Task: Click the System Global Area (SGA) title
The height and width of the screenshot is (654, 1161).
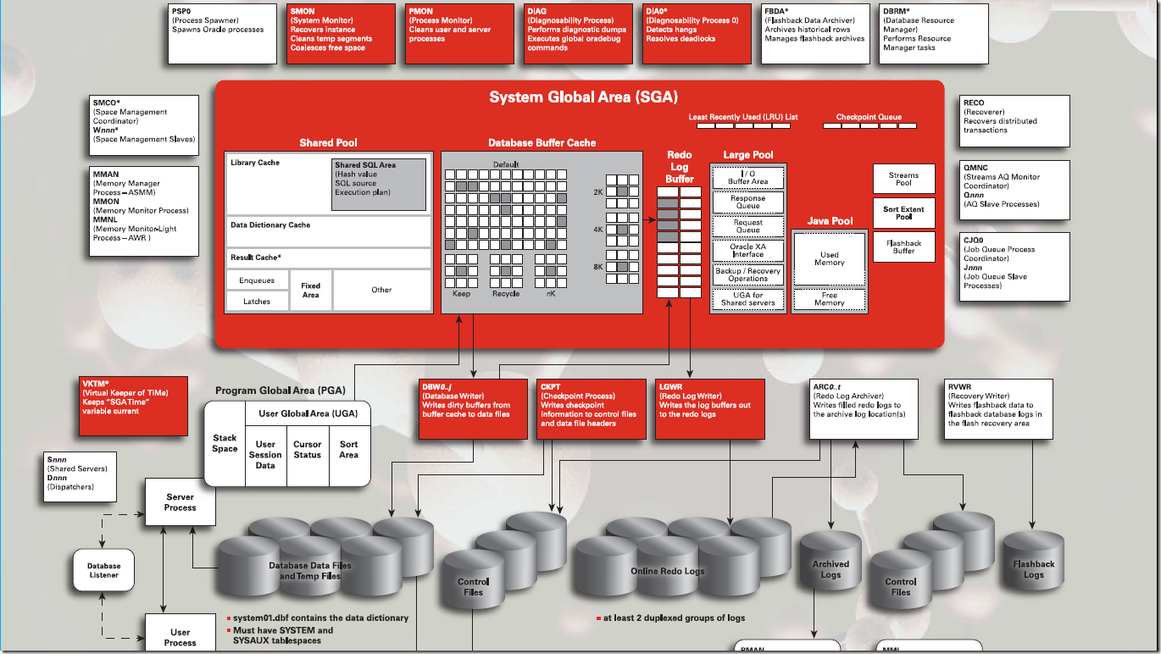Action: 583,97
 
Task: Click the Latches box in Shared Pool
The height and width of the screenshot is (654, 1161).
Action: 257,301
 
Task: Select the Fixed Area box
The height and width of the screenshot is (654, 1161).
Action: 310,291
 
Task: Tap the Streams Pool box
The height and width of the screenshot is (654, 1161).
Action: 903,179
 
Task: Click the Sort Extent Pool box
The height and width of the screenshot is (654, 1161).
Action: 903,213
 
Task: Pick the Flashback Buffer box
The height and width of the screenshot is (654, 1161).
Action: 903,247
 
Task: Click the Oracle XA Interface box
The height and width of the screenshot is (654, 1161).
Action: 747,250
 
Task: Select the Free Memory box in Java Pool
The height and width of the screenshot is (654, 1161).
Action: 829,299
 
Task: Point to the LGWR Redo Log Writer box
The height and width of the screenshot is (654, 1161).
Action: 709,408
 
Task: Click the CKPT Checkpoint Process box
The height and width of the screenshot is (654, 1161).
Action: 592,408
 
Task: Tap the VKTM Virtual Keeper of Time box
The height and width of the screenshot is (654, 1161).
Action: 132,407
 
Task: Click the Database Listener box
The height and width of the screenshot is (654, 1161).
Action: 104,570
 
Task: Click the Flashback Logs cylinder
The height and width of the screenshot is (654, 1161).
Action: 1034,564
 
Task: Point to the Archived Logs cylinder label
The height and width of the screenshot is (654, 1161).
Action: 830,569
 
